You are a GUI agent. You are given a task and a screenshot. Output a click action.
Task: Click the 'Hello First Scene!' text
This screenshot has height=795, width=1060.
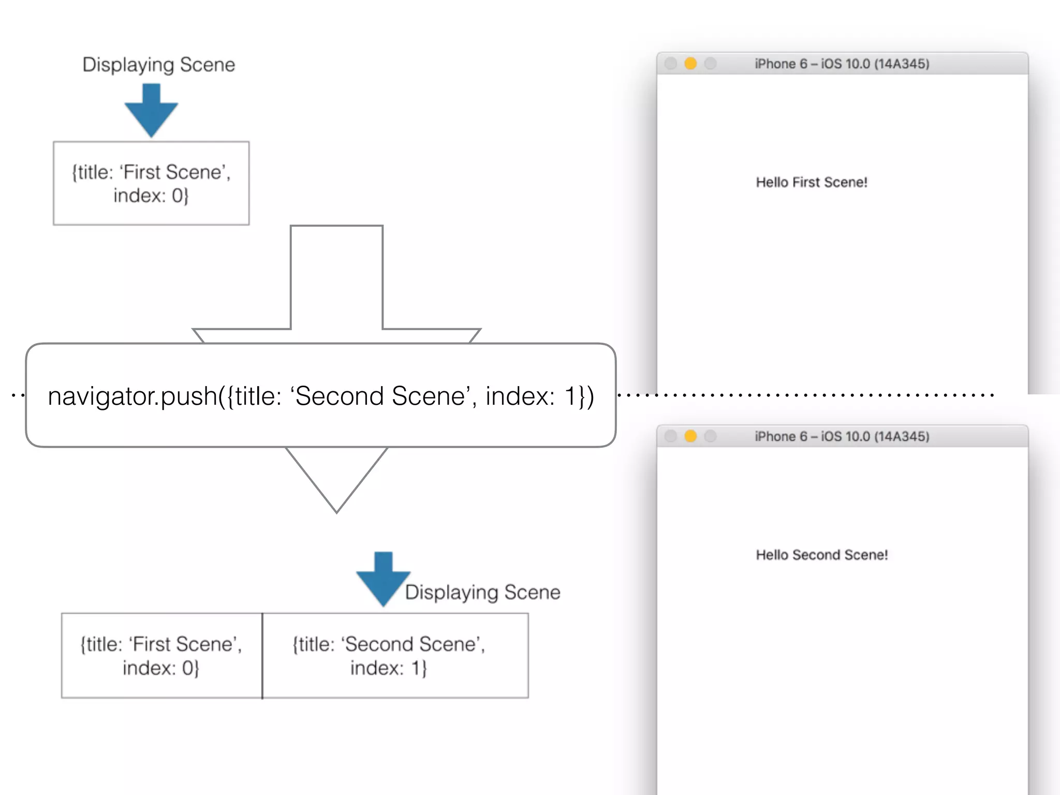pyautogui.click(x=811, y=182)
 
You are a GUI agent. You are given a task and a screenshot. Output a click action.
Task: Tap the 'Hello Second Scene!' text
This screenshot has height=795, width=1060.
pyautogui.click(x=821, y=555)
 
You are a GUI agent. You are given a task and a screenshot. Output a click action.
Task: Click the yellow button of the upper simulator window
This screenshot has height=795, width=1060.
pyautogui.click(x=690, y=64)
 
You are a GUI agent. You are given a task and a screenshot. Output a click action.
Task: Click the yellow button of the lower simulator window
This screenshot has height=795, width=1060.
pyautogui.click(x=690, y=436)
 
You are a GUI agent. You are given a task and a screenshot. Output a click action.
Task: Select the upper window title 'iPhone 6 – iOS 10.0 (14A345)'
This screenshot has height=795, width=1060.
pyautogui.click(x=842, y=64)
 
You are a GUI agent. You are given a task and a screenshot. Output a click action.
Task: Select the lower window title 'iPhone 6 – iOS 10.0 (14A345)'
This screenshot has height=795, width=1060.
pyautogui.click(x=842, y=436)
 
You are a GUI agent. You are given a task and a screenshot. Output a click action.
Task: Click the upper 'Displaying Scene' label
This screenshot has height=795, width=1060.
pyautogui.click(x=159, y=65)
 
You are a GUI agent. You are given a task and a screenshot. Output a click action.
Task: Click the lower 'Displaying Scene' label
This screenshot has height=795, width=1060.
pyautogui.click(x=482, y=592)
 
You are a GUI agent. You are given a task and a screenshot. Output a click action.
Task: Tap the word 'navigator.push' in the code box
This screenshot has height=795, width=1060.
pyautogui.click(x=132, y=396)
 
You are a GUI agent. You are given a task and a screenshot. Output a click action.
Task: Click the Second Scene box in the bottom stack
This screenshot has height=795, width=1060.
pyautogui.click(x=395, y=655)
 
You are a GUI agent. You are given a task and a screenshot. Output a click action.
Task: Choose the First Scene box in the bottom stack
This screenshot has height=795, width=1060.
pyautogui.click(x=161, y=655)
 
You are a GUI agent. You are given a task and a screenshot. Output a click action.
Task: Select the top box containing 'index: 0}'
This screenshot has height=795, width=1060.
pyautogui.click(x=151, y=183)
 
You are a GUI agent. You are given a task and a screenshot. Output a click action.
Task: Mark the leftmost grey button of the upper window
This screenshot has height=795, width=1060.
pyautogui.click(x=671, y=64)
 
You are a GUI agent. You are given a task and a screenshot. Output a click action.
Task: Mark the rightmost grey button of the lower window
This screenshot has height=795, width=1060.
pyautogui.click(x=711, y=436)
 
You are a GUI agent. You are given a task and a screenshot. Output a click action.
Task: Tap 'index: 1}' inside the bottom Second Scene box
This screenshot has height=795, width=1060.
pyautogui.click(x=388, y=668)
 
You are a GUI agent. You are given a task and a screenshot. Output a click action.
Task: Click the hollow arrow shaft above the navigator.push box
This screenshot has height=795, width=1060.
pyautogui.click(x=336, y=279)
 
